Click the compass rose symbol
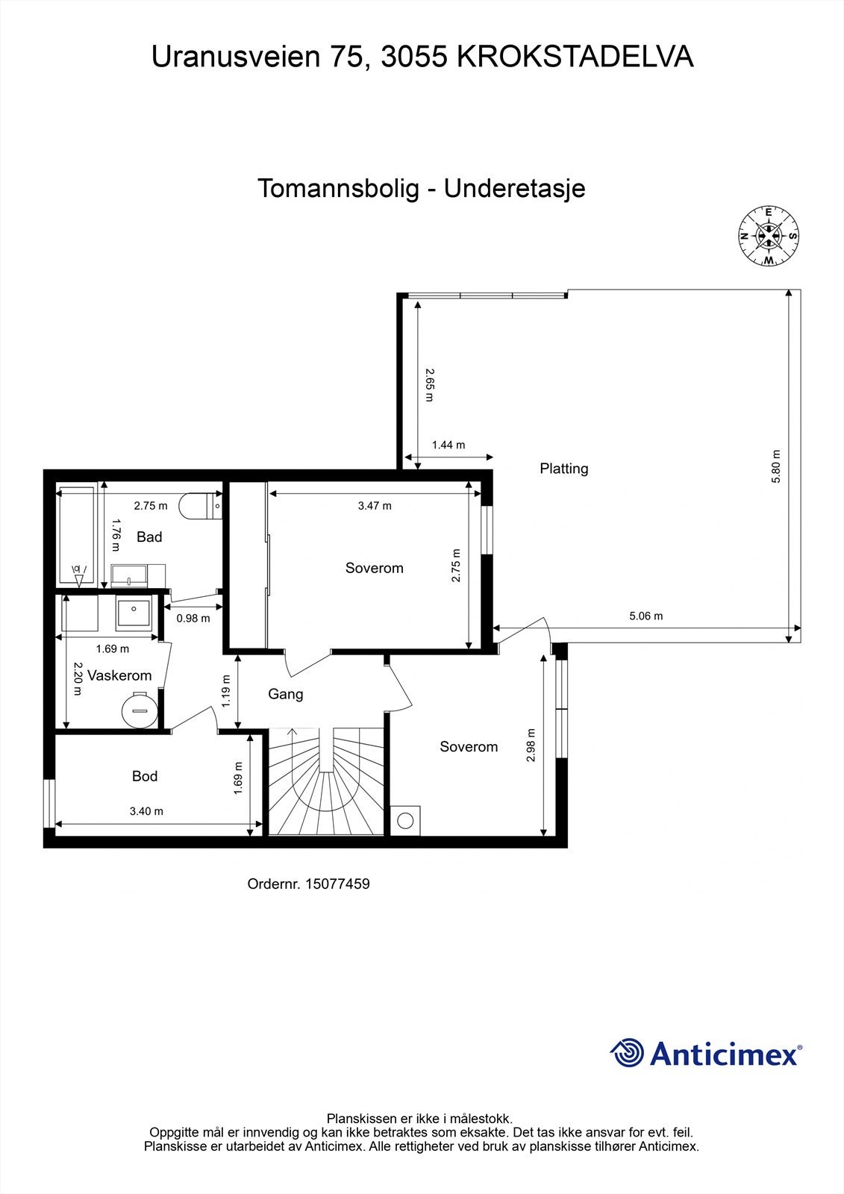[768, 236]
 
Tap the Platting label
[563, 469]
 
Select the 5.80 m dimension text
[775, 466]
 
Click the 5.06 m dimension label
[645, 616]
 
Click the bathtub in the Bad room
[77, 536]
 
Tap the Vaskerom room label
[119, 675]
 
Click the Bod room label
[144, 776]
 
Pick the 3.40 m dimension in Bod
[146, 811]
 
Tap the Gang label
[285, 694]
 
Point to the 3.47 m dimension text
[375, 506]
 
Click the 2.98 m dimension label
[531, 745]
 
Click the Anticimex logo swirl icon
[627, 1054]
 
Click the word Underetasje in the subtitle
[514, 188]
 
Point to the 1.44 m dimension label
[448, 445]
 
